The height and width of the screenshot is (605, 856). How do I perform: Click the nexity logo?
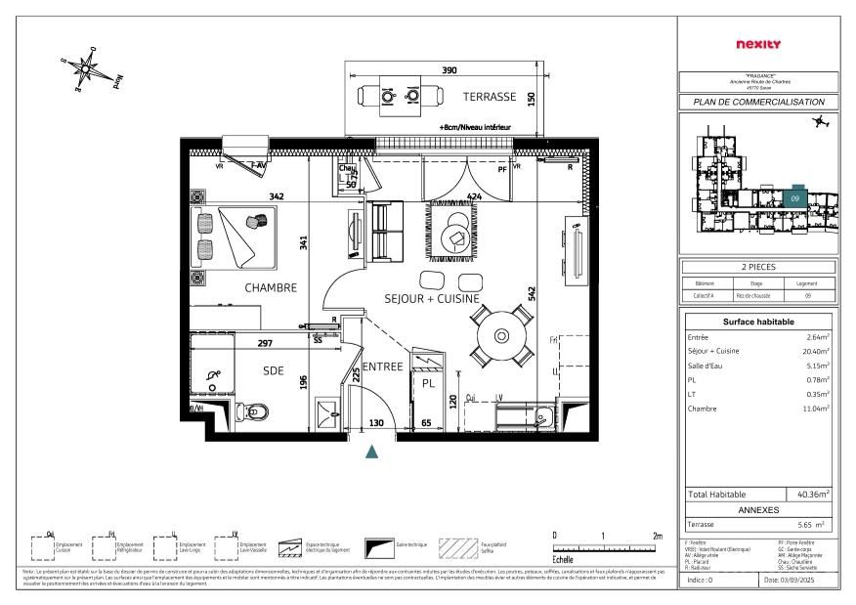pyautogui.click(x=757, y=44)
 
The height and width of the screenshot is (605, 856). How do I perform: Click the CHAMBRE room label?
pyautogui.click(x=270, y=287)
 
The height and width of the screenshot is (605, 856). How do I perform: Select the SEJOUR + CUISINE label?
pyautogui.click(x=431, y=298)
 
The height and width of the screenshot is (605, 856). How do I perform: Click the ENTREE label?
pyautogui.click(x=384, y=367)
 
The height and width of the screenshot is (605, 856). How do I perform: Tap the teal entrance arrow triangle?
pyautogui.click(x=372, y=452)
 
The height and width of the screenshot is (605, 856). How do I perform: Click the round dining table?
pyautogui.click(x=499, y=336)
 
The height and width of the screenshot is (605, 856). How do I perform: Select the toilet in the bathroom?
pyautogui.click(x=253, y=412)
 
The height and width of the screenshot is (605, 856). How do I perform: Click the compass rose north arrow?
pyautogui.click(x=89, y=67)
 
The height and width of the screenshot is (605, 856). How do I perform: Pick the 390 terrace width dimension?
pyautogui.click(x=449, y=71)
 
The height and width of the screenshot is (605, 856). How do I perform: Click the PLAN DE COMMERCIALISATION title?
pyautogui.click(x=758, y=102)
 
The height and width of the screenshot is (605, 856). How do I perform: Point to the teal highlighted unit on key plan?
pyautogui.click(x=797, y=195)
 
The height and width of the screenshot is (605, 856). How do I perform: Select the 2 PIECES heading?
pyautogui.click(x=758, y=267)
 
